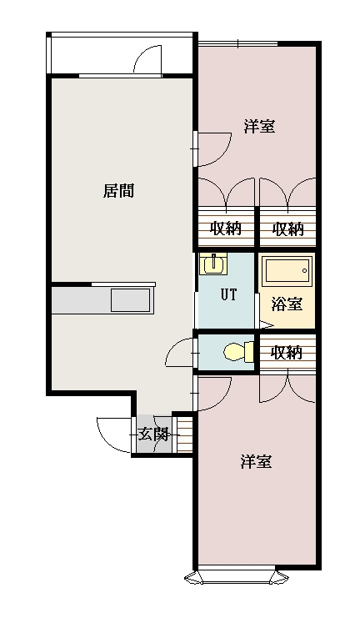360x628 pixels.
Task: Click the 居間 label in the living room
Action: pyautogui.click(x=118, y=191)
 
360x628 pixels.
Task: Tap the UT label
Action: pyautogui.click(x=227, y=294)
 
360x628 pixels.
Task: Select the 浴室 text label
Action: pyautogui.click(x=287, y=304)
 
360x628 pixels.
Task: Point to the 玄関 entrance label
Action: pyautogui.click(x=153, y=434)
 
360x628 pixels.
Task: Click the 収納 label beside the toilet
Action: pyautogui.click(x=287, y=353)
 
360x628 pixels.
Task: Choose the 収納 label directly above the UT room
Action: pyautogui.click(x=226, y=229)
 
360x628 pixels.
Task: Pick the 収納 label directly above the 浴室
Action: pyautogui.click(x=287, y=229)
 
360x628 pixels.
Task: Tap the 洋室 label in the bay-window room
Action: pyautogui.click(x=256, y=461)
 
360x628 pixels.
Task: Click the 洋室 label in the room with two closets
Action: pyautogui.click(x=259, y=127)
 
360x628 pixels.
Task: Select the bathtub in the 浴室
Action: pyautogui.click(x=287, y=271)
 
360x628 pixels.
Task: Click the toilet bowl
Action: pyautogui.click(x=237, y=353)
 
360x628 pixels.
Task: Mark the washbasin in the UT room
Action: pyautogui.click(x=214, y=264)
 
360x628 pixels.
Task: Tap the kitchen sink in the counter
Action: pyautogui.click(x=131, y=300)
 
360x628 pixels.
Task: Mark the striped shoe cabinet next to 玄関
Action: pyautogui.click(x=184, y=434)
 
